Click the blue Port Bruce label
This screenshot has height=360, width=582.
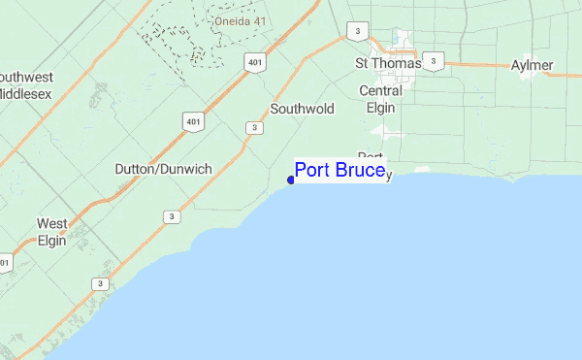coord(340,172)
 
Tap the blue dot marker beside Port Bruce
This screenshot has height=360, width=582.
coord(291,180)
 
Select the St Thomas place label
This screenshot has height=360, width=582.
coord(388,63)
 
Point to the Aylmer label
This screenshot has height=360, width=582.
coord(532,66)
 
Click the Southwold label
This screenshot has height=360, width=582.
coord(302,110)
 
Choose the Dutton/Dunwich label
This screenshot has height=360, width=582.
coord(163,168)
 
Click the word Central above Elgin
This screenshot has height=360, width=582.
coord(380,91)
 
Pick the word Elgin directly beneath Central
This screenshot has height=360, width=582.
coord(380,108)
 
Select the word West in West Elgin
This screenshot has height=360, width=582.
coord(52,224)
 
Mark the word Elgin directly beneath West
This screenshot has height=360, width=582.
coord(52,241)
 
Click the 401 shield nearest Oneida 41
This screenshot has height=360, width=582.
coord(254,62)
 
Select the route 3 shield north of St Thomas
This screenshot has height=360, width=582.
coord(359,32)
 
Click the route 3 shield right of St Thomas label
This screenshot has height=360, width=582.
coord(434,61)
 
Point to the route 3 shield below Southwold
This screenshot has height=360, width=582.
coord(253,127)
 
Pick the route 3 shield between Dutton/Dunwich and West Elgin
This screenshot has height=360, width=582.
coord(172,216)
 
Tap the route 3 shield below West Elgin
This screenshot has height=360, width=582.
coord(100,283)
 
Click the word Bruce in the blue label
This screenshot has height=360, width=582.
coord(361,172)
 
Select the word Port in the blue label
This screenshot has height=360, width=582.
coord(312,172)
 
